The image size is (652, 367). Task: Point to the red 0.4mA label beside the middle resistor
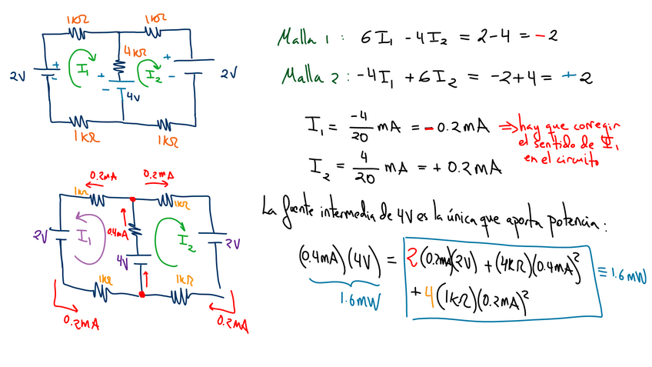[x=118, y=232]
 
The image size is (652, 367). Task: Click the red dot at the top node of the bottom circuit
[x=132, y=199]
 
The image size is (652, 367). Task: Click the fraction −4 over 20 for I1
[x=360, y=126]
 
